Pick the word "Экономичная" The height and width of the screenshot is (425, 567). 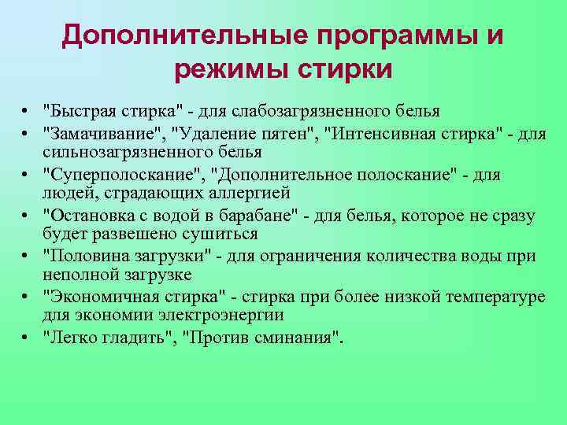97,297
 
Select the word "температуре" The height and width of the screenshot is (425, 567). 491,297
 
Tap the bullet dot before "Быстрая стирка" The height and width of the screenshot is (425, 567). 26,110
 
